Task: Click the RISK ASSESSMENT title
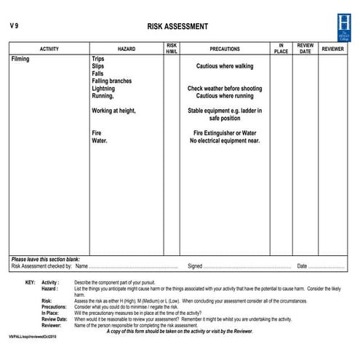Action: click(177, 27)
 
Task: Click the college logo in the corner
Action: click(343, 27)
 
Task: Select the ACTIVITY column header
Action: click(49, 49)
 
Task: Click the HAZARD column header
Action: click(126, 49)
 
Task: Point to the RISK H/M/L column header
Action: click(171, 49)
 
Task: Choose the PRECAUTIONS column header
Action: click(225, 49)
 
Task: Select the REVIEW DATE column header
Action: click(305, 49)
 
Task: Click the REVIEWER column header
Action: click(333, 49)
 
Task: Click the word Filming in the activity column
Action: click(20, 59)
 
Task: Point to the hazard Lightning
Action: click(104, 89)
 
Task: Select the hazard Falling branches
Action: click(111, 81)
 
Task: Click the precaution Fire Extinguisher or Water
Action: click(225, 133)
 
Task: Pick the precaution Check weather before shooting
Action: click(225, 89)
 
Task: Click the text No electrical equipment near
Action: click(225, 140)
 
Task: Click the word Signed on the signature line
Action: click(195, 266)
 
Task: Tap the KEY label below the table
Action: click(29, 282)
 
